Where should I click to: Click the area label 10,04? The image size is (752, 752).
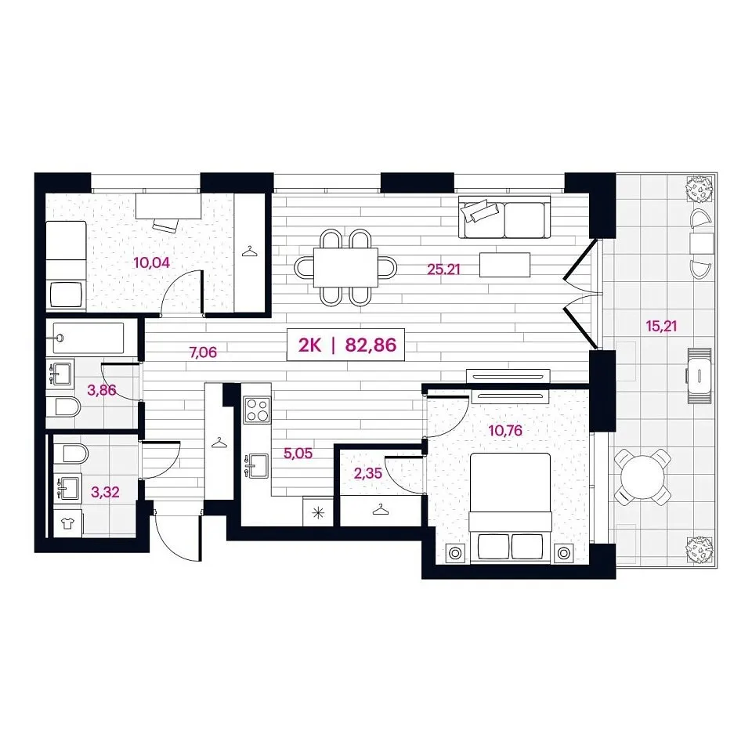pos(151,263)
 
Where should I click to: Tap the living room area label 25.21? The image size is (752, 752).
pos(443,269)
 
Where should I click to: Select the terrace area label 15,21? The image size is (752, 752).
pos(661,327)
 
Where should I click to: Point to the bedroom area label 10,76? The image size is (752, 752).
pos(505,431)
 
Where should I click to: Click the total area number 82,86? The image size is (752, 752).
pos(371,345)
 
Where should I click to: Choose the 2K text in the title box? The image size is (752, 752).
pos(310,345)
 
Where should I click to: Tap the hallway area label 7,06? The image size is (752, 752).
pos(204,353)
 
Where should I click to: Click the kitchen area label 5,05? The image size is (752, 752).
pos(298,454)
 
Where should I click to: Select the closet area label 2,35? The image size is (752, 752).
pos(368,474)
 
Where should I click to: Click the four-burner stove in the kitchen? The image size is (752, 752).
pos(257,410)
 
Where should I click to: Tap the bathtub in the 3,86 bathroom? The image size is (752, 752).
pos(89,338)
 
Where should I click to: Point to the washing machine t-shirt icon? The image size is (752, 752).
pos(67,523)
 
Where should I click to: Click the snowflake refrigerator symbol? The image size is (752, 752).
pos(318,512)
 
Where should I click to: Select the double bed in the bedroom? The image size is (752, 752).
pos(510,508)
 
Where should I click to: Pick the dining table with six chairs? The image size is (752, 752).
pos(345,268)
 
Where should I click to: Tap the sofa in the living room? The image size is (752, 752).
pos(504,217)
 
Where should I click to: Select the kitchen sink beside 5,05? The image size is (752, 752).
pos(257,466)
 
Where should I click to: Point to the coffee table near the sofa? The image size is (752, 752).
pos(504,265)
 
